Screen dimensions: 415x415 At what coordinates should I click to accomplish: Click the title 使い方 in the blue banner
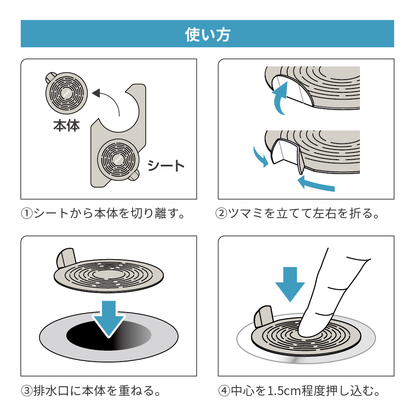pos(207,34)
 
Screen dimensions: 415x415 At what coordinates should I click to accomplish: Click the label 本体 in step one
pos(66,126)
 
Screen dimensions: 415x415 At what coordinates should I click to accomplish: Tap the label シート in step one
pos(166,166)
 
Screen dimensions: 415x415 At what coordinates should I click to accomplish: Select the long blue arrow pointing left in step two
pos(315,185)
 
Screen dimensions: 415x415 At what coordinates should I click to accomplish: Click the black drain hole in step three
pos(85,335)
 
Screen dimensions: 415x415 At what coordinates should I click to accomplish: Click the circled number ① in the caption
pos(27,213)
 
